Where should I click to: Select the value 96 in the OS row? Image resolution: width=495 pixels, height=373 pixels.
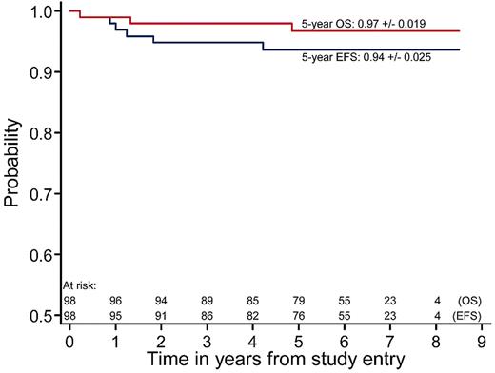tap(114, 299)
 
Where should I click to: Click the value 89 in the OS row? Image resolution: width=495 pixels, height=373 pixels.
tap(207, 299)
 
